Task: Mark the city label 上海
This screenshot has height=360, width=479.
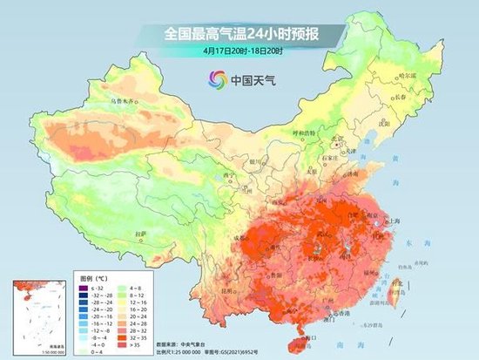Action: (389, 222)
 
